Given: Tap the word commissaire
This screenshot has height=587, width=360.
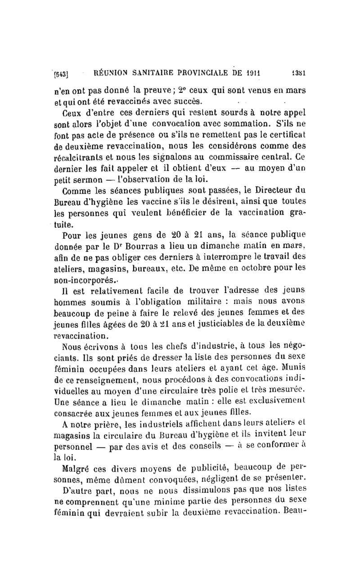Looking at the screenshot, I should point(241,158).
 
